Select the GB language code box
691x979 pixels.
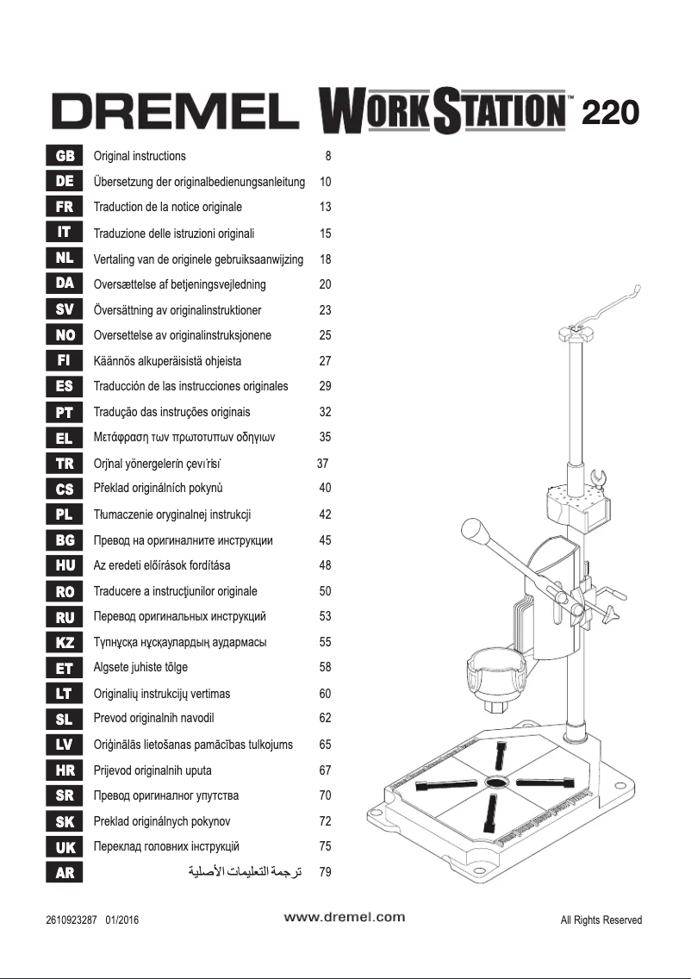click(64, 157)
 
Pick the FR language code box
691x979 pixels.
click(64, 208)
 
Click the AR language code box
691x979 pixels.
click(64, 872)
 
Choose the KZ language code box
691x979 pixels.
click(64, 642)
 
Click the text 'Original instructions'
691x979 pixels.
click(140, 157)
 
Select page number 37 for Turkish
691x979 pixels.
click(323, 463)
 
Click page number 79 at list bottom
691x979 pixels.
click(325, 872)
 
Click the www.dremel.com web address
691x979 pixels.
click(345, 917)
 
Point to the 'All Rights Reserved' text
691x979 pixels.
click(601, 920)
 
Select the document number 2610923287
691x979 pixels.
click(72, 920)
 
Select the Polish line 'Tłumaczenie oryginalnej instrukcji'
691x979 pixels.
click(171, 514)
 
